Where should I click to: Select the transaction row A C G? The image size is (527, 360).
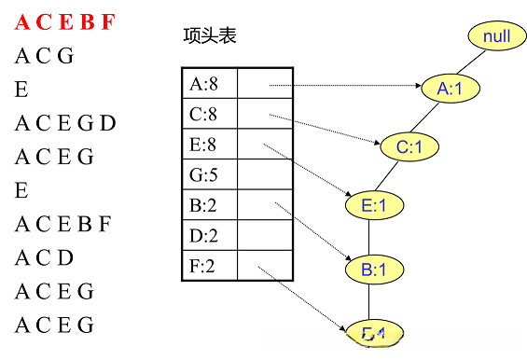point(44,57)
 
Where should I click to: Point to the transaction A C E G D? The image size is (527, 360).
point(65,123)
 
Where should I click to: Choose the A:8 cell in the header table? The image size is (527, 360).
point(209,84)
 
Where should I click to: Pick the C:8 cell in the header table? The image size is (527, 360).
point(209,115)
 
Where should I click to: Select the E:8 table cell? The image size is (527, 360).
point(209,145)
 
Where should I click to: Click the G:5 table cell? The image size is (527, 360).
point(209,174)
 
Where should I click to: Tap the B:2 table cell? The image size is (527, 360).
point(209,205)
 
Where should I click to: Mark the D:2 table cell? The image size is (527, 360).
point(209,236)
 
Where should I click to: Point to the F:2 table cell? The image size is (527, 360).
point(209,266)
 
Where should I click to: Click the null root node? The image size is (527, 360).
point(496,36)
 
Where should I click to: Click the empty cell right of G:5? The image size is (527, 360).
point(266,174)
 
